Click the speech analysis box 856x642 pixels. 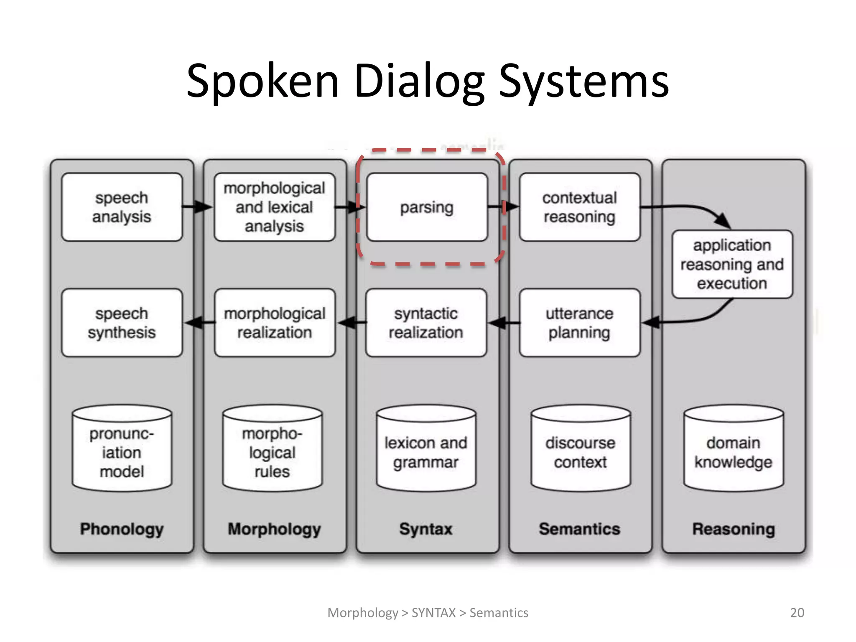tap(122, 207)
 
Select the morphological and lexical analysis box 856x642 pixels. tap(274, 207)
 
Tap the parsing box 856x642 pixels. tap(427, 207)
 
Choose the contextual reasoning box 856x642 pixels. tap(579, 207)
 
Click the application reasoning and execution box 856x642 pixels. tap(732, 264)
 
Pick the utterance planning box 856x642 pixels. tap(579, 323)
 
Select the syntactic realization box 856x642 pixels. tap(426, 323)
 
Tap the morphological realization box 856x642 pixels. tap(275, 323)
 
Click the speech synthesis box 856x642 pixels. tap(122, 323)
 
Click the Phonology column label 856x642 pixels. tap(122, 529)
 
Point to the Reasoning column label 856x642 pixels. tap(734, 529)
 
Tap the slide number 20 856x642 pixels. tap(797, 613)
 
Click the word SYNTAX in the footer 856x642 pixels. tap(433, 613)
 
